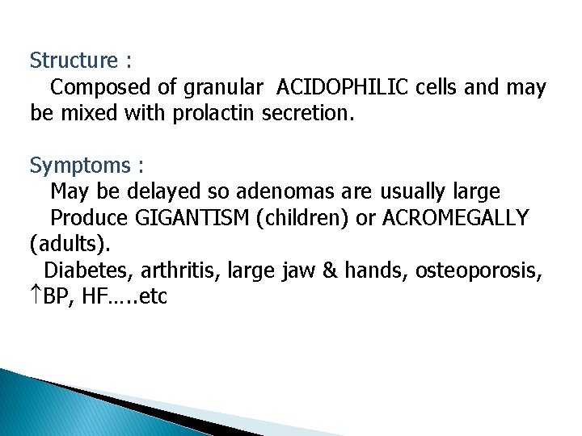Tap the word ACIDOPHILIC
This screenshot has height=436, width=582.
tap(344, 87)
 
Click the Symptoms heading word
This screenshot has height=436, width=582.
tap(79, 166)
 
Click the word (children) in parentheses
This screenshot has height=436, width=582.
tap(303, 219)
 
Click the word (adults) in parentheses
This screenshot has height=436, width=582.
tap(62, 245)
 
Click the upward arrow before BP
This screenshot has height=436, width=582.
tap(36, 297)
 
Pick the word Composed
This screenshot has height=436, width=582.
tap(91, 87)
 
